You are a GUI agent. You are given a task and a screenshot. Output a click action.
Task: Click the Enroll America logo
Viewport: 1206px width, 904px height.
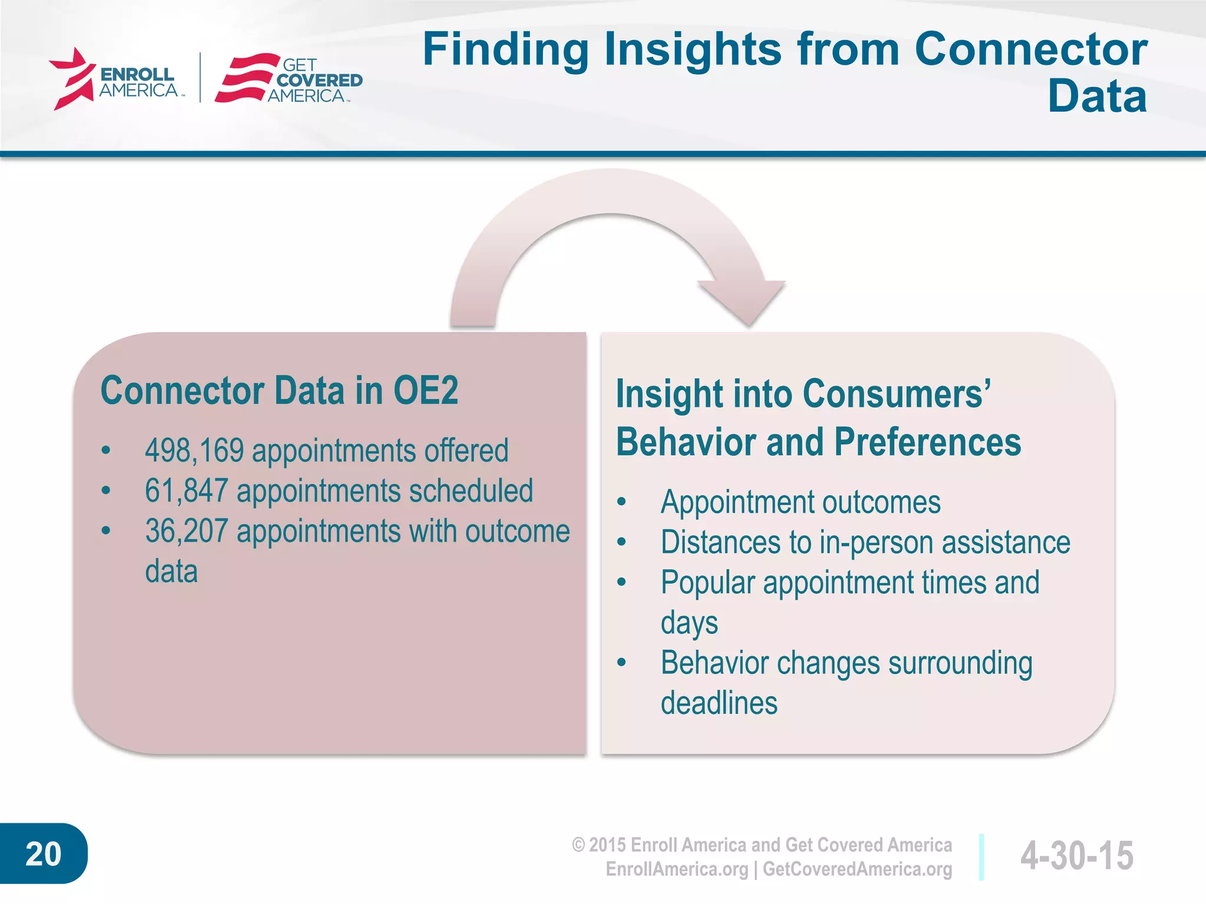[x=115, y=79]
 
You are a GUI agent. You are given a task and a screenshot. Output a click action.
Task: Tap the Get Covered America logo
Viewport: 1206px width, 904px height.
[x=289, y=79]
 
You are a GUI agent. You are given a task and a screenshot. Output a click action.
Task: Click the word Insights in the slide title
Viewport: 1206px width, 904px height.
[x=693, y=50]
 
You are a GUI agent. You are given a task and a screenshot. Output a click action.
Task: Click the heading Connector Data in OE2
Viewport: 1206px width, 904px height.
[x=279, y=390]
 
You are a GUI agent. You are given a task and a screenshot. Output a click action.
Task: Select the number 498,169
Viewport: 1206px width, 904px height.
[x=194, y=451]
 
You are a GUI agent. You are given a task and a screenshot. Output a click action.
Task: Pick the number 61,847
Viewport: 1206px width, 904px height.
[x=186, y=491]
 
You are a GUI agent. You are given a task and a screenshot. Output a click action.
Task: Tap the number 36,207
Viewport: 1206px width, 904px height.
[x=186, y=531]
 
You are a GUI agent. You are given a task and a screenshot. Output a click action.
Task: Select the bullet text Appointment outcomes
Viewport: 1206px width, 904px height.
[x=800, y=503]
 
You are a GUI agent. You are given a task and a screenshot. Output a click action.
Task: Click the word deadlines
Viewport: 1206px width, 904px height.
[x=718, y=703]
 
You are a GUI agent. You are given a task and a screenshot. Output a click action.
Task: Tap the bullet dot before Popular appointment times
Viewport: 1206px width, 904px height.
[x=621, y=583]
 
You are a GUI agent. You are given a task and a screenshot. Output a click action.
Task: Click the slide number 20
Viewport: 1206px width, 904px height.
[x=43, y=854]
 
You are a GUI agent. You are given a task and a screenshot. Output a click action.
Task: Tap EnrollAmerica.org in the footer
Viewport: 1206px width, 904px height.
[x=677, y=869]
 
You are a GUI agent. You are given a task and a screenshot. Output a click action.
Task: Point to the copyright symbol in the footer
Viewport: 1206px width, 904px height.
[x=578, y=845]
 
